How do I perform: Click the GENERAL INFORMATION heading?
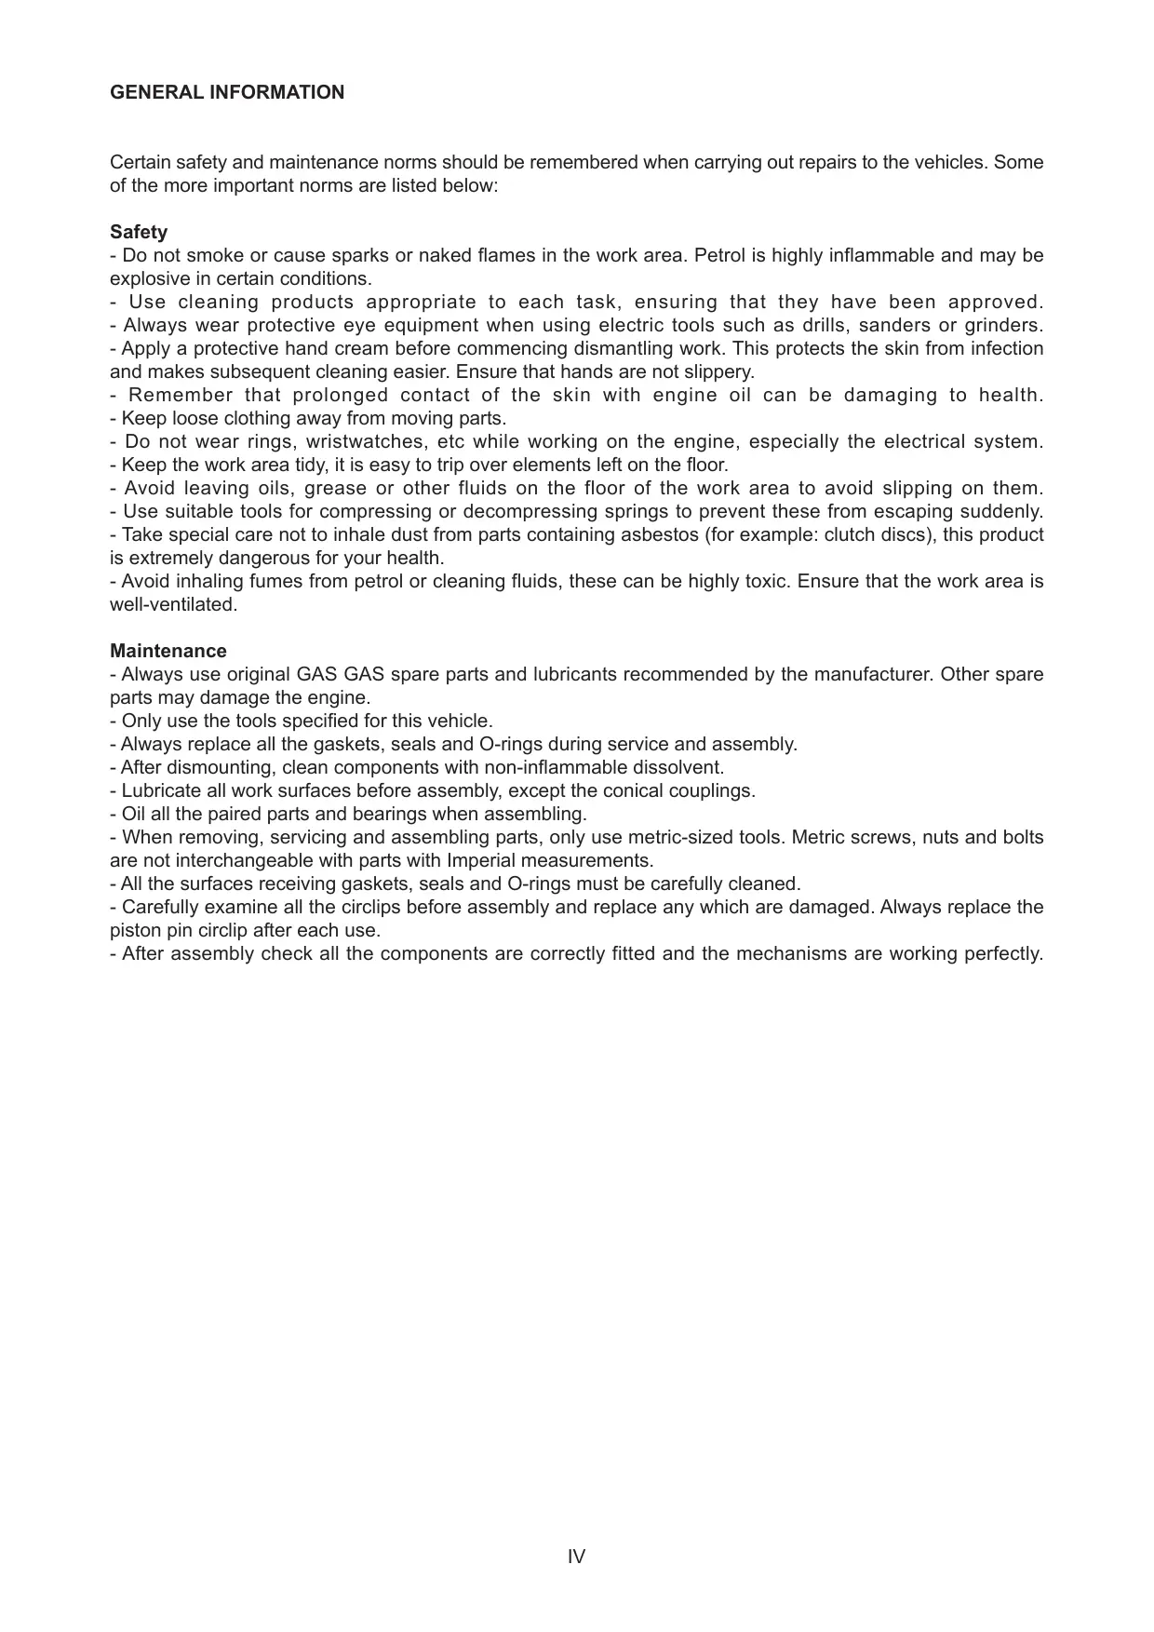(x=227, y=92)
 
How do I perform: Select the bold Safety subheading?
(x=139, y=232)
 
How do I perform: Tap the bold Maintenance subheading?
(x=168, y=651)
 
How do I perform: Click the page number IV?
(x=576, y=1557)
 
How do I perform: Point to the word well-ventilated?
(x=173, y=604)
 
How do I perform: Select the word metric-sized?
(x=680, y=837)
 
